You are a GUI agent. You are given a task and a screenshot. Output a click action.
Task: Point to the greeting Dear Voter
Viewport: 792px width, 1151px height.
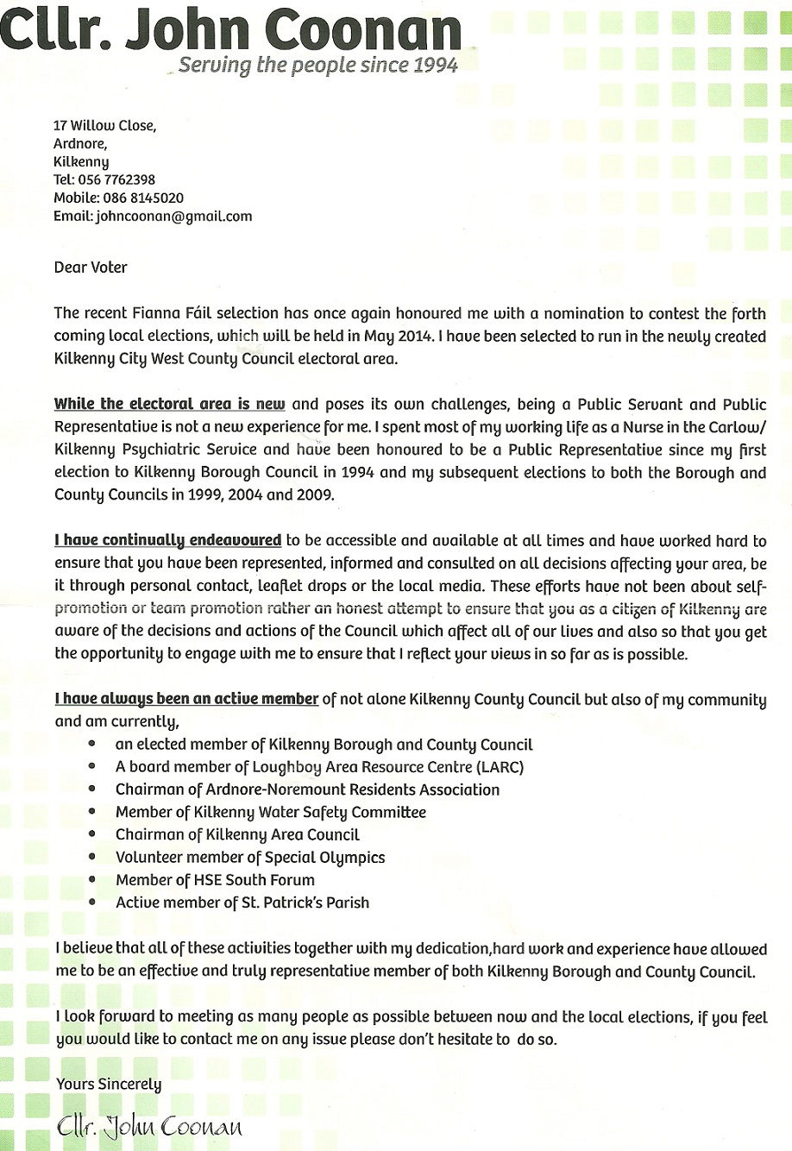(x=91, y=267)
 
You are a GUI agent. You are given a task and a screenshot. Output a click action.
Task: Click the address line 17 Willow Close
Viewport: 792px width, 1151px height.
(x=104, y=125)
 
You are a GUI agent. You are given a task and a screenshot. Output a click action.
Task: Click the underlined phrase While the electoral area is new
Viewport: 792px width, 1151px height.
(x=169, y=404)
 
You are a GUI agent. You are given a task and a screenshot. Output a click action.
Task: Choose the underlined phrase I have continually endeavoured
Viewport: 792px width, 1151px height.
(x=168, y=541)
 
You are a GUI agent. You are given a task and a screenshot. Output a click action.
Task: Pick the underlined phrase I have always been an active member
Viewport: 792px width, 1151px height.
(x=186, y=699)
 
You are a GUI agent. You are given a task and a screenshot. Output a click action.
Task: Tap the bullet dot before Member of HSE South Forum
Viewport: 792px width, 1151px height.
(x=92, y=880)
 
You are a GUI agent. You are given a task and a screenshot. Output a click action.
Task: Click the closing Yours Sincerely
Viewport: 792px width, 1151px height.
(x=109, y=1084)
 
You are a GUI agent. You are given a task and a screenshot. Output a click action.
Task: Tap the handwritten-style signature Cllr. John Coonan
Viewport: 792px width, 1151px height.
(x=149, y=1126)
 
